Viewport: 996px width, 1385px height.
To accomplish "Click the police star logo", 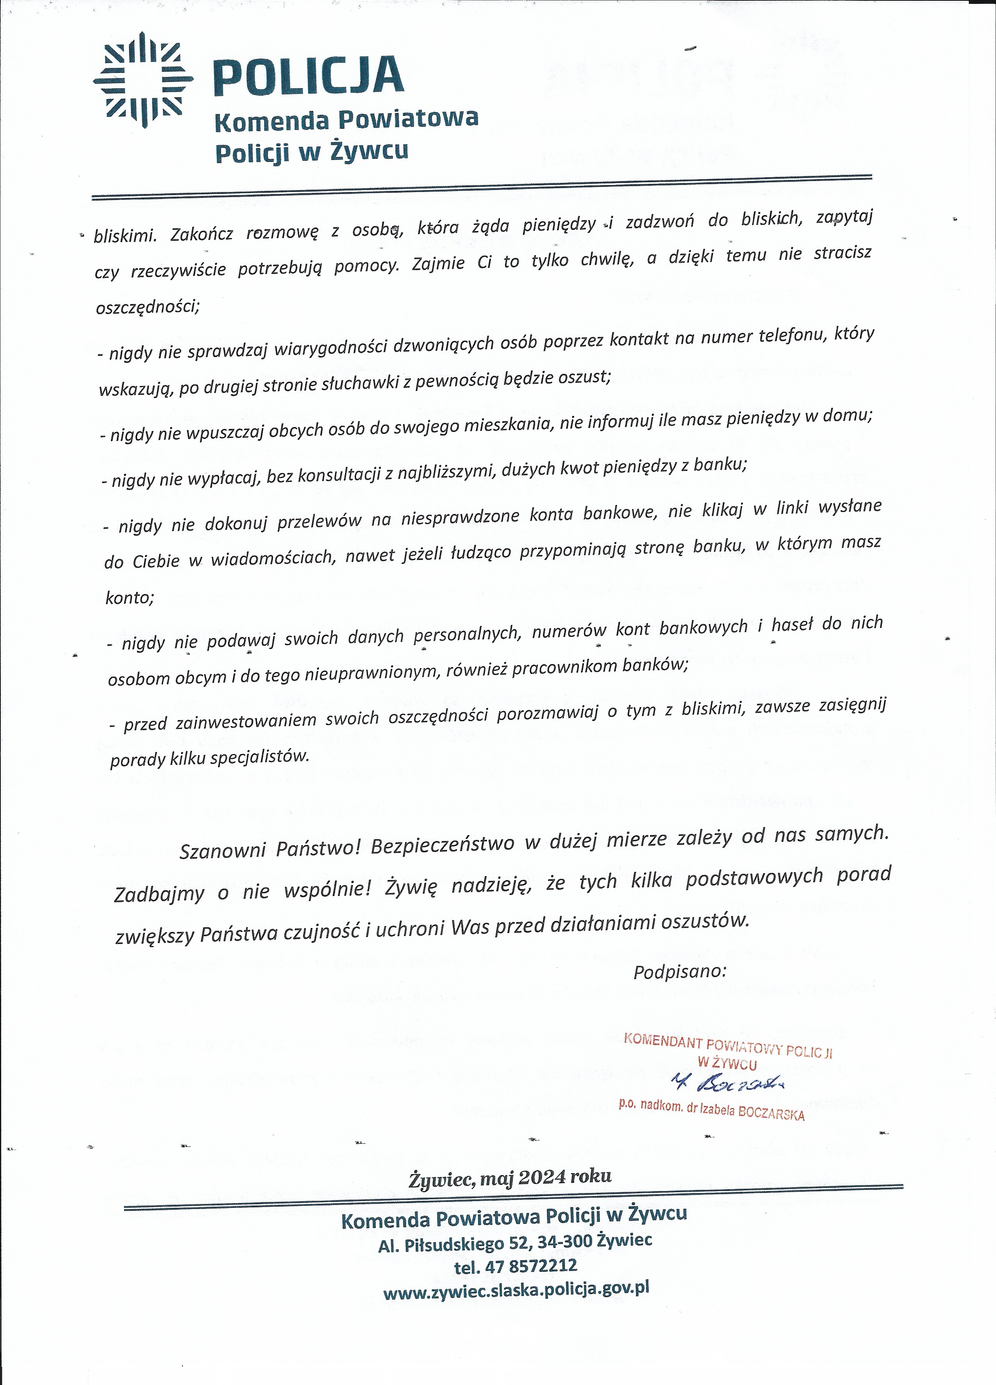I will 143,80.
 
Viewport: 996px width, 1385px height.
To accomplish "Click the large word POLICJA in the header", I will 309,77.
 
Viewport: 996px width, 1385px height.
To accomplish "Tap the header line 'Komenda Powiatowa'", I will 346,120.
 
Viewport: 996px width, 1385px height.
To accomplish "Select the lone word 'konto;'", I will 130,597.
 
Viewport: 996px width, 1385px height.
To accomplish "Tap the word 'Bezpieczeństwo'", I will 443,845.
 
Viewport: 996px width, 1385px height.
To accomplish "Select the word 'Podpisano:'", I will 680,971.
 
